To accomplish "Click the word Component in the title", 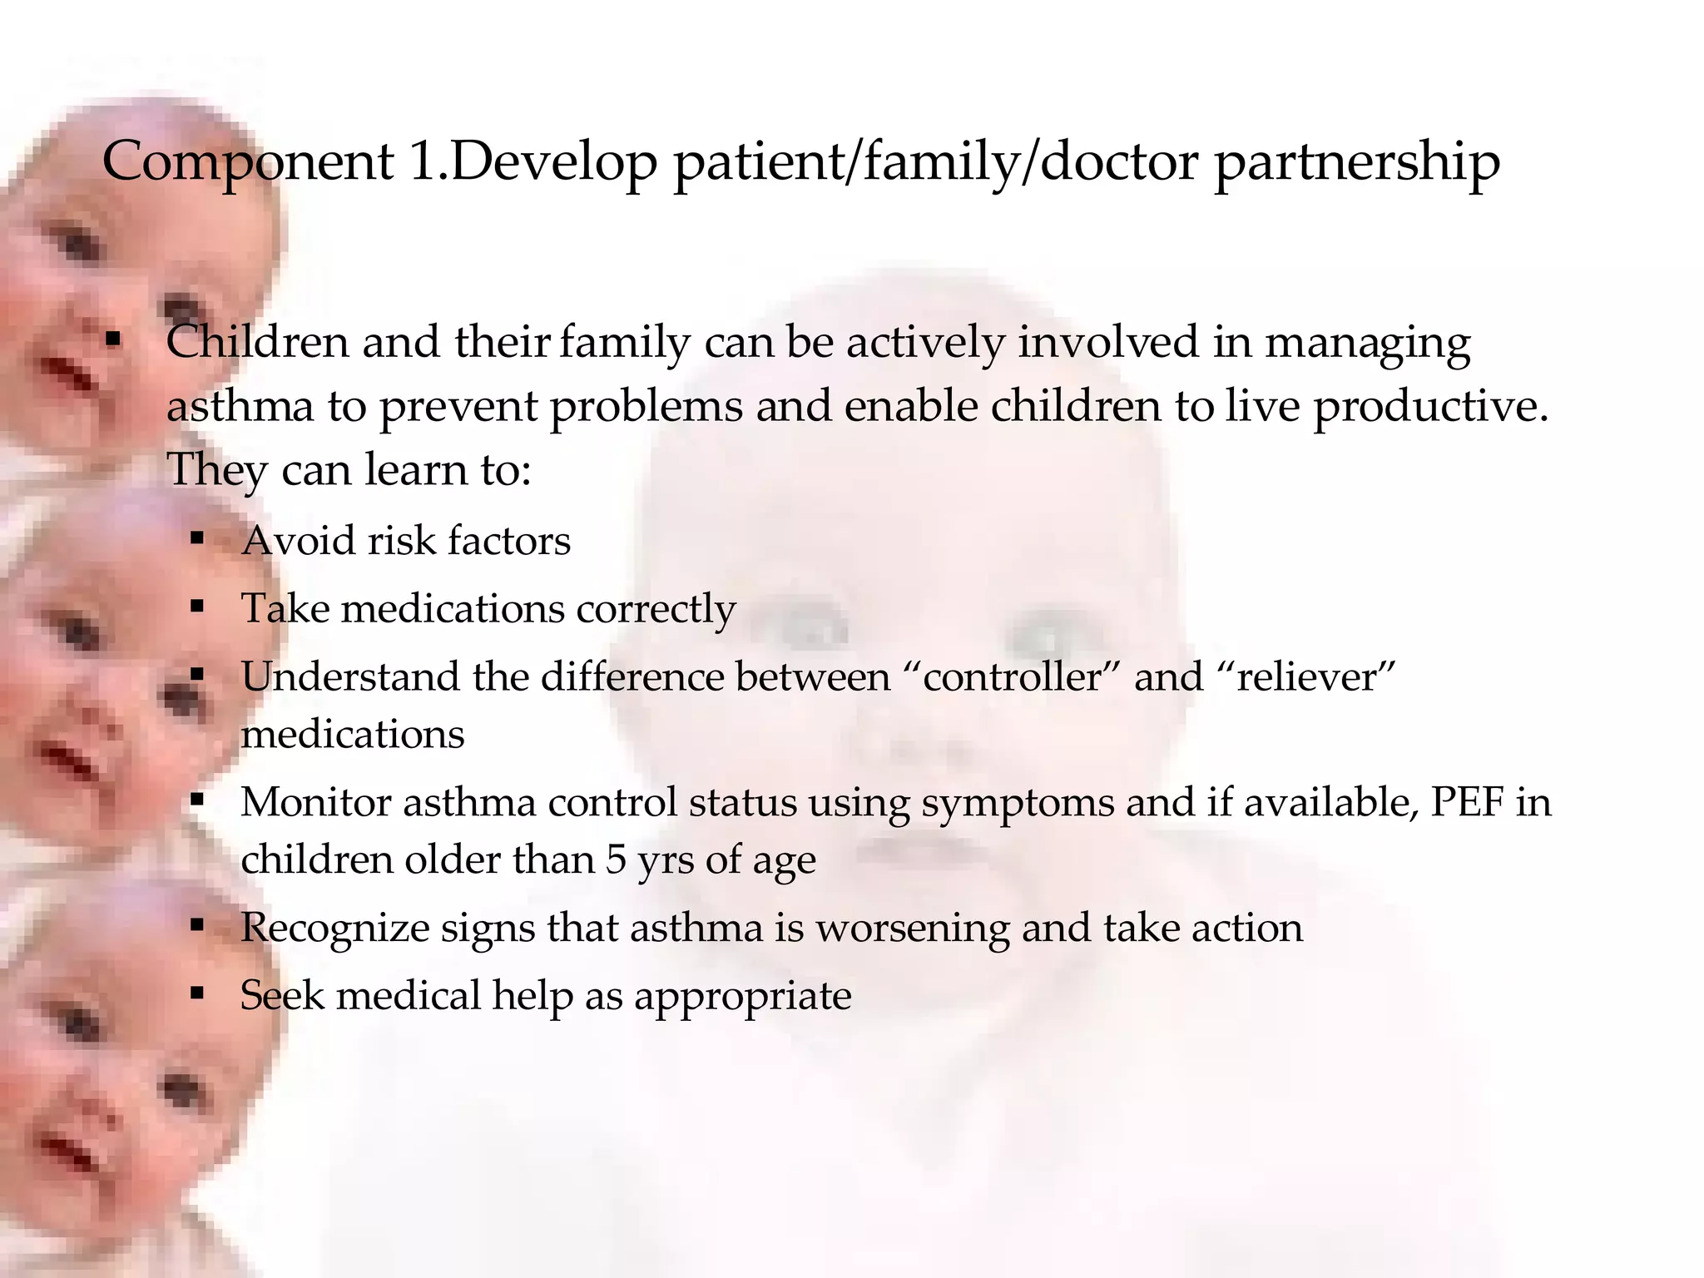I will [x=247, y=161].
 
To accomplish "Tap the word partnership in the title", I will [x=1357, y=161].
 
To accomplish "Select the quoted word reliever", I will [x=1312, y=676].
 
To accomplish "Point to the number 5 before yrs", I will [x=615, y=860].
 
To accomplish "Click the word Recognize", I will [x=334, y=928].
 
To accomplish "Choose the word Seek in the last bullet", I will [x=281, y=996].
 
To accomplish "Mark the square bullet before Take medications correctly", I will [x=197, y=607].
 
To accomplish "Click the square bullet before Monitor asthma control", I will [x=197, y=801].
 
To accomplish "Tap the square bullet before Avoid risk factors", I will [x=197, y=539].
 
